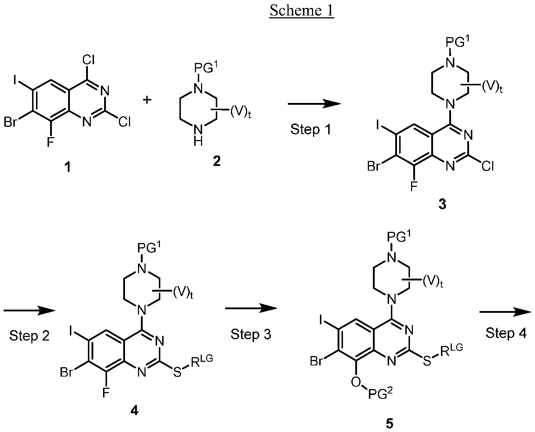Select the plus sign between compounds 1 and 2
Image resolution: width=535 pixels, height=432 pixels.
click(x=147, y=100)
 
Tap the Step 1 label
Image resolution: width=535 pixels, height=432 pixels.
click(x=311, y=130)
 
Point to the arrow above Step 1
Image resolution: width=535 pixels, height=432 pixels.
click(x=314, y=104)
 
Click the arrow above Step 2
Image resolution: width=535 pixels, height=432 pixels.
click(x=30, y=311)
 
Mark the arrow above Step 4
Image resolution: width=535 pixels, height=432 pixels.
click(x=505, y=312)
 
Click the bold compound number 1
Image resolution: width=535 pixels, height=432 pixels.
click(x=67, y=167)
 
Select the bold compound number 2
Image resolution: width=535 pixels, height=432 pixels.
click(x=217, y=161)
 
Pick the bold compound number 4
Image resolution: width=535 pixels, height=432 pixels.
click(x=134, y=411)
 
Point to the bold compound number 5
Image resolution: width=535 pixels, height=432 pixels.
click(x=389, y=423)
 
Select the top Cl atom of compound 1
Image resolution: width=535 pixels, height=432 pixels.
click(x=88, y=60)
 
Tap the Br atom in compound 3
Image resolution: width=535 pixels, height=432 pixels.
click(x=374, y=166)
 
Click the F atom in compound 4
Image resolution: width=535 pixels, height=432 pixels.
click(x=106, y=393)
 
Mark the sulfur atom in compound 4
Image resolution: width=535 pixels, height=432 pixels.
click(x=177, y=372)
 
